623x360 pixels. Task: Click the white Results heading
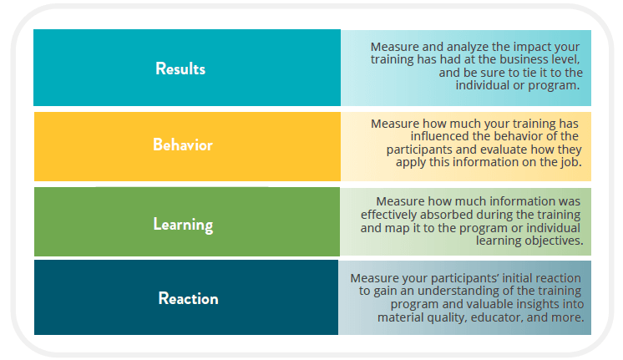(180, 68)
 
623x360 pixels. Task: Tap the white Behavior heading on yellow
(183, 145)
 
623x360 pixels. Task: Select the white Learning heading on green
(183, 225)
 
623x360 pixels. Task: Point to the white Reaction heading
(189, 298)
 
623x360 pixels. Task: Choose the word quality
(446, 318)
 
